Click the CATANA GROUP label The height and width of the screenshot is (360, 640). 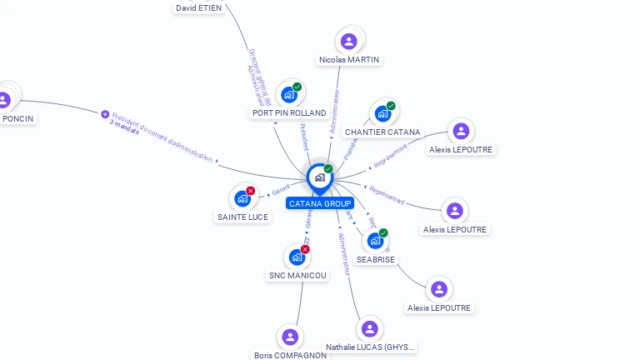pyautogui.click(x=320, y=203)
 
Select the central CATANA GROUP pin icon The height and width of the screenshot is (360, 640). pyautogui.click(x=319, y=177)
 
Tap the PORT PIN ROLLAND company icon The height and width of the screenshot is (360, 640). pyautogui.click(x=288, y=94)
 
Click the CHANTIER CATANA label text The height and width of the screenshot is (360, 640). pyautogui.click(x=382, y=132)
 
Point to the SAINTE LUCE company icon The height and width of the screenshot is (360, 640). pyautogui.click(x=242, y=198)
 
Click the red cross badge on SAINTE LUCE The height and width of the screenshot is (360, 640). pyautogui.click(x=251, y=191)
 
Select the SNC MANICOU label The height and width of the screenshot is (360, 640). pyautogui.click(x=297, y=275)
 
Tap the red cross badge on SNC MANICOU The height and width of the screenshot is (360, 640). pyautogui.click(x=305, y=249)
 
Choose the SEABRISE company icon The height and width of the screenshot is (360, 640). pyautogui.click(x=375, y=241)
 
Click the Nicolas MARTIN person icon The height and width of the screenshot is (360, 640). pyautogui.click(x=349, y=41)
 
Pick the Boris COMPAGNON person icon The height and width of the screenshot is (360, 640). pyautogui.click(x=290, y=337)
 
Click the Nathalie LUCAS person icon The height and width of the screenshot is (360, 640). pyautogui.click(x=370, y=329)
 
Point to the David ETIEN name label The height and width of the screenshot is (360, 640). pyautogui.click(x=198, y=7)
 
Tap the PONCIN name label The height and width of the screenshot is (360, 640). pyautogui.click(x=18, y=119)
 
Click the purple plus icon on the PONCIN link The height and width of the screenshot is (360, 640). pyautogui.click(x=105, y=114)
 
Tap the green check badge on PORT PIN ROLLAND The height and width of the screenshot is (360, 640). pyautogui.click(x=297, y=87)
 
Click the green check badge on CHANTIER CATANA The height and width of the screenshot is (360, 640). pyautogui.click(x=391, y=106)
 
